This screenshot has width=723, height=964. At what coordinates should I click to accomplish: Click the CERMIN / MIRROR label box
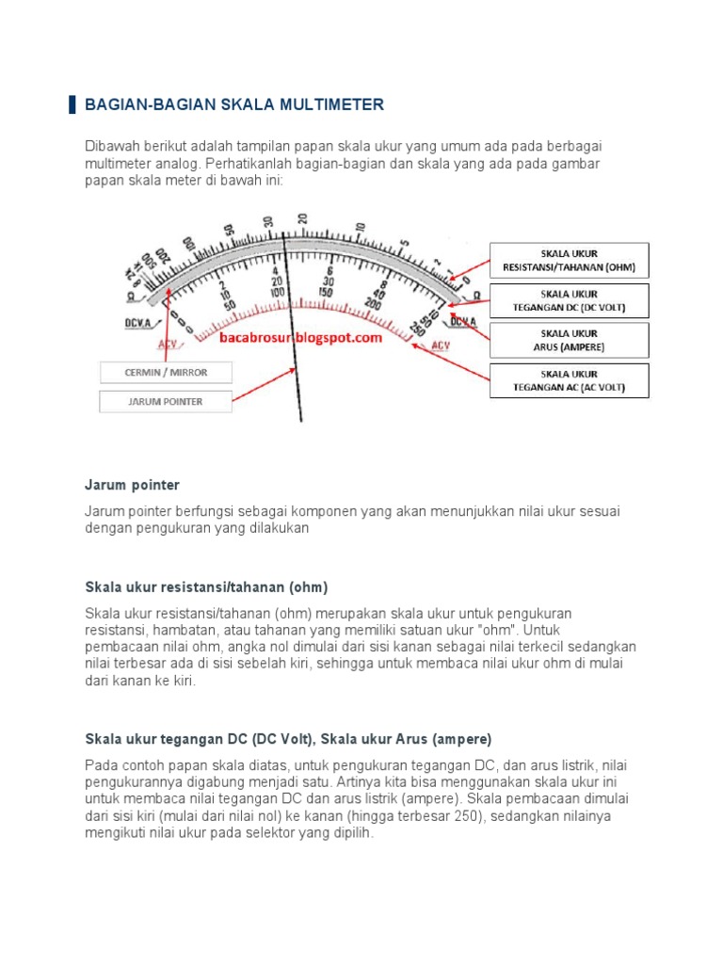point(166,373)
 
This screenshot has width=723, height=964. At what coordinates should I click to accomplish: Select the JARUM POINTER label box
point(166,402)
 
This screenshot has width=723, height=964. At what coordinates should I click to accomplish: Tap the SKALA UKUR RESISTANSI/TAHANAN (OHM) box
point(569,261)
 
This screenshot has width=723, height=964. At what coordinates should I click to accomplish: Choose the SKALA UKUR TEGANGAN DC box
point(569,300)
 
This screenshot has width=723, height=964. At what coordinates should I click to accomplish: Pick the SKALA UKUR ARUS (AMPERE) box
point(569,340)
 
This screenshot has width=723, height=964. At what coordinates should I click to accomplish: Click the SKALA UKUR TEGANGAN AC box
point(569,379)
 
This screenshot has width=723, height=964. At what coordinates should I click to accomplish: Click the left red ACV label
point(167,345)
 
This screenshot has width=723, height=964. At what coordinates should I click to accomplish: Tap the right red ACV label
point(440,345)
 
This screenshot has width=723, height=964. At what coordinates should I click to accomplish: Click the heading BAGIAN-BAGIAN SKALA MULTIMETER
point(234,104)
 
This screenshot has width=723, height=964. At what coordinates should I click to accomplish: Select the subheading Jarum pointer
point(132,485)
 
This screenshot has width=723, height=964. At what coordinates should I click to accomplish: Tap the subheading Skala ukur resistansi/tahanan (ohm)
point(206,587)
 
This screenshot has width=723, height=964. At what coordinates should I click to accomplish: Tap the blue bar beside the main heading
point(72,104)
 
